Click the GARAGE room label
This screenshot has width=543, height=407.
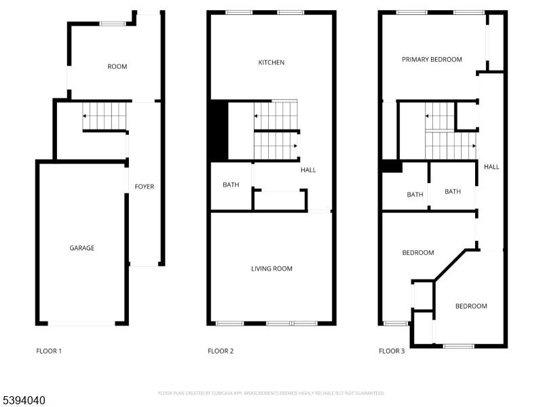coord(82,248)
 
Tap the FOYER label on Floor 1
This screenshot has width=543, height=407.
coord(145,187)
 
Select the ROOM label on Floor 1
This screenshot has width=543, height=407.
coord(117,66)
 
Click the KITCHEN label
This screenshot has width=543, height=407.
coord(271,62)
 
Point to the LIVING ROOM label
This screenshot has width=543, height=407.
coord(271,269)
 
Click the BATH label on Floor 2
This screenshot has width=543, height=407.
coord(231,185)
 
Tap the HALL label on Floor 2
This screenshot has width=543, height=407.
coord(308,170)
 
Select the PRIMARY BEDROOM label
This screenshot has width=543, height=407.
coord(432,60)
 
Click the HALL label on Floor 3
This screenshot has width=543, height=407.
coord(491,166)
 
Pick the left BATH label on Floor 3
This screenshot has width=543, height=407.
coord(415,195)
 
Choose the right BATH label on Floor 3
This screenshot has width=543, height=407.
coord(453,191)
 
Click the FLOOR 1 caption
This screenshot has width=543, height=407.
coord(49,351)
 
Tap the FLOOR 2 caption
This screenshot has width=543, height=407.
coord(221,351)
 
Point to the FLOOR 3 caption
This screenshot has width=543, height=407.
coord(392,351)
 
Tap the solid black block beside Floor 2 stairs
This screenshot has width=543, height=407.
coord(219,130)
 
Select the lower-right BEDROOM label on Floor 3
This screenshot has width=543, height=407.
coord(471,306)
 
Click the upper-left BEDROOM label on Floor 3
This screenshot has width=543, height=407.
coord(418,253)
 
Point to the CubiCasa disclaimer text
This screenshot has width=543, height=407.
coord(271,393)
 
